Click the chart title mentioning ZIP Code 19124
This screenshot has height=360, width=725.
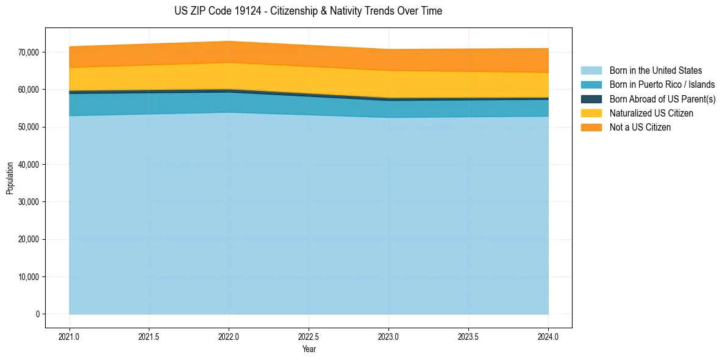point(308,11)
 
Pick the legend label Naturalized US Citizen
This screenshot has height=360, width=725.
point(651,113)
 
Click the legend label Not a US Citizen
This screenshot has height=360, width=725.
point(640,127)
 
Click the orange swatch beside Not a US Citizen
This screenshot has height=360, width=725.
point(591,127)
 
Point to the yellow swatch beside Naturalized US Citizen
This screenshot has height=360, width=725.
point(591,113)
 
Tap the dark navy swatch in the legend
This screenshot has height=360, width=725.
point(591,99)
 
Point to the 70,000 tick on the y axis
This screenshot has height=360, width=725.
point(29,52)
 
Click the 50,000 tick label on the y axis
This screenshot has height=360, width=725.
point(29,127)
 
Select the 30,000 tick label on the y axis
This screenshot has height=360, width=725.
point(29,202)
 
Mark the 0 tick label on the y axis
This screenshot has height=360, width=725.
point(37,314)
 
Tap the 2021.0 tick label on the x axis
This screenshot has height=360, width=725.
point(70,336)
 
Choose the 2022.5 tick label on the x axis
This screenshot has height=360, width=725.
point(309,336)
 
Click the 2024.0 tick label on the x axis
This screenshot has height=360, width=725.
point(548,336)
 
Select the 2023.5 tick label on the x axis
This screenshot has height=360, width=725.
point(468,336)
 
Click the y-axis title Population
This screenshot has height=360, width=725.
point(10,178)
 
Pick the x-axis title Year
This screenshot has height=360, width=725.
point(309,349)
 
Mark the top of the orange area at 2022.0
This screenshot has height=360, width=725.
point(229,41)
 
